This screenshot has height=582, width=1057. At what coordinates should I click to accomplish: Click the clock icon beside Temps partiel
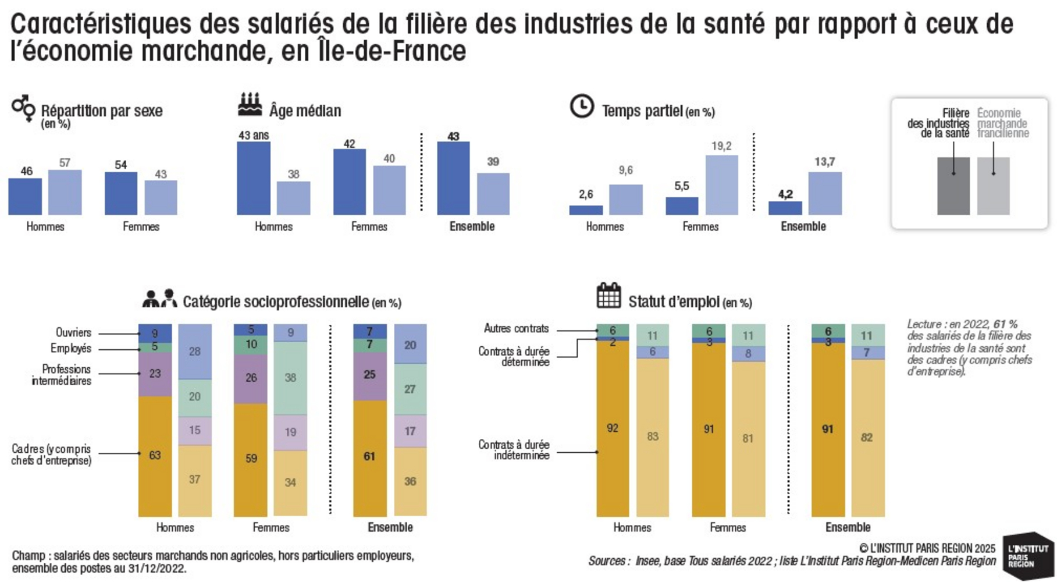pos(581,107)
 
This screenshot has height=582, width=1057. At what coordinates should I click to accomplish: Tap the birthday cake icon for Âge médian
pos(250,105)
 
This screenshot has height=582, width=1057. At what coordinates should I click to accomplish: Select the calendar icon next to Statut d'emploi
pos(608,296)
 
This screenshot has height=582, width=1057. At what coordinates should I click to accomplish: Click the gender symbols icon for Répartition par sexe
pos(23,108)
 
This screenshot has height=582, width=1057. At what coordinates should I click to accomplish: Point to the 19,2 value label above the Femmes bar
pos(721,146)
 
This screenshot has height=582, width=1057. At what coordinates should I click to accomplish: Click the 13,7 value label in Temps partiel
pos(824,162)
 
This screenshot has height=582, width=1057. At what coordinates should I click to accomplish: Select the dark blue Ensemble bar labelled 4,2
pos(785,208)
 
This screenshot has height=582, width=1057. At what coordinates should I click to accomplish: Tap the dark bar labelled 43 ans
pos(254,178)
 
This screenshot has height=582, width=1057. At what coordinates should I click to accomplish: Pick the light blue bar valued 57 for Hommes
pos(65,192)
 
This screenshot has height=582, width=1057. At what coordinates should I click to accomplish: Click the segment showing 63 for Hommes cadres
pos(155,456)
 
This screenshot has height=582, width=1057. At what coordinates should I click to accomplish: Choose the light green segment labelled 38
pos(290,378)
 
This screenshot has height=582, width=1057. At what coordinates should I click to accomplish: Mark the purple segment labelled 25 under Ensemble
pos(369,375)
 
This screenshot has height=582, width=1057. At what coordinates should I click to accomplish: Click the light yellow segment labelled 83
pos(652,436)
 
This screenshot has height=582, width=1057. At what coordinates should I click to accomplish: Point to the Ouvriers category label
pos(73,332)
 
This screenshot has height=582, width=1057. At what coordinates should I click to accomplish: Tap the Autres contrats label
pos(516,329)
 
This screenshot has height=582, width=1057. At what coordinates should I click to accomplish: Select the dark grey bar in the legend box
pos(953,186)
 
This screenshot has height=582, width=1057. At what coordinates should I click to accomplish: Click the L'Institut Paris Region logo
pos(1027,556)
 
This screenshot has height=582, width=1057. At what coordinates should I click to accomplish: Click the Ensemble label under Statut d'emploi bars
pos(848,527)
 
